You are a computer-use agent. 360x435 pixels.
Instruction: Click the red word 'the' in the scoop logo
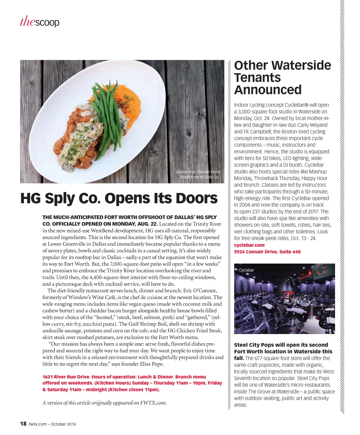pos(27,22)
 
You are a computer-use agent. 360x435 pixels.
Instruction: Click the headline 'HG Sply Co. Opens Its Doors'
pos(119,198)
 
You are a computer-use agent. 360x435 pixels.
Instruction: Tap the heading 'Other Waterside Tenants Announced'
pos(282,77)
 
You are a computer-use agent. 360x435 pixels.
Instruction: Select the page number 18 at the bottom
pos(23,424)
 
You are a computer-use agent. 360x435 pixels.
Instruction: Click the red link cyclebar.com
pos(249,245)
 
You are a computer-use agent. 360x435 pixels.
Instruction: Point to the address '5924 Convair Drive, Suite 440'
pos(267,252)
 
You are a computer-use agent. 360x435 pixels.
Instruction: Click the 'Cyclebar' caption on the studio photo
pos(246,270)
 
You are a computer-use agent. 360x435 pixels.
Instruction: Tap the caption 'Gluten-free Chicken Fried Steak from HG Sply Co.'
pos(198,174)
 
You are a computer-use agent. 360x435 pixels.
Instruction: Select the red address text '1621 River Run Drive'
pos(66,377)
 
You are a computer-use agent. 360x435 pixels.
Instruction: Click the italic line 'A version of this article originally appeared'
pos(104,403)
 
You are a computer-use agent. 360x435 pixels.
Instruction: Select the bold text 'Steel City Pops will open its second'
pos(281,345)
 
